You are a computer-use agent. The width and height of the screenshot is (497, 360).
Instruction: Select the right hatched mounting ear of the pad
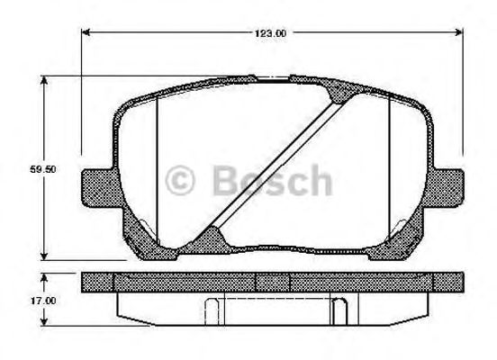point(448,187)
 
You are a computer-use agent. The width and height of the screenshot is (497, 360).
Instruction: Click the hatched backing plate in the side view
point(270,282)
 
